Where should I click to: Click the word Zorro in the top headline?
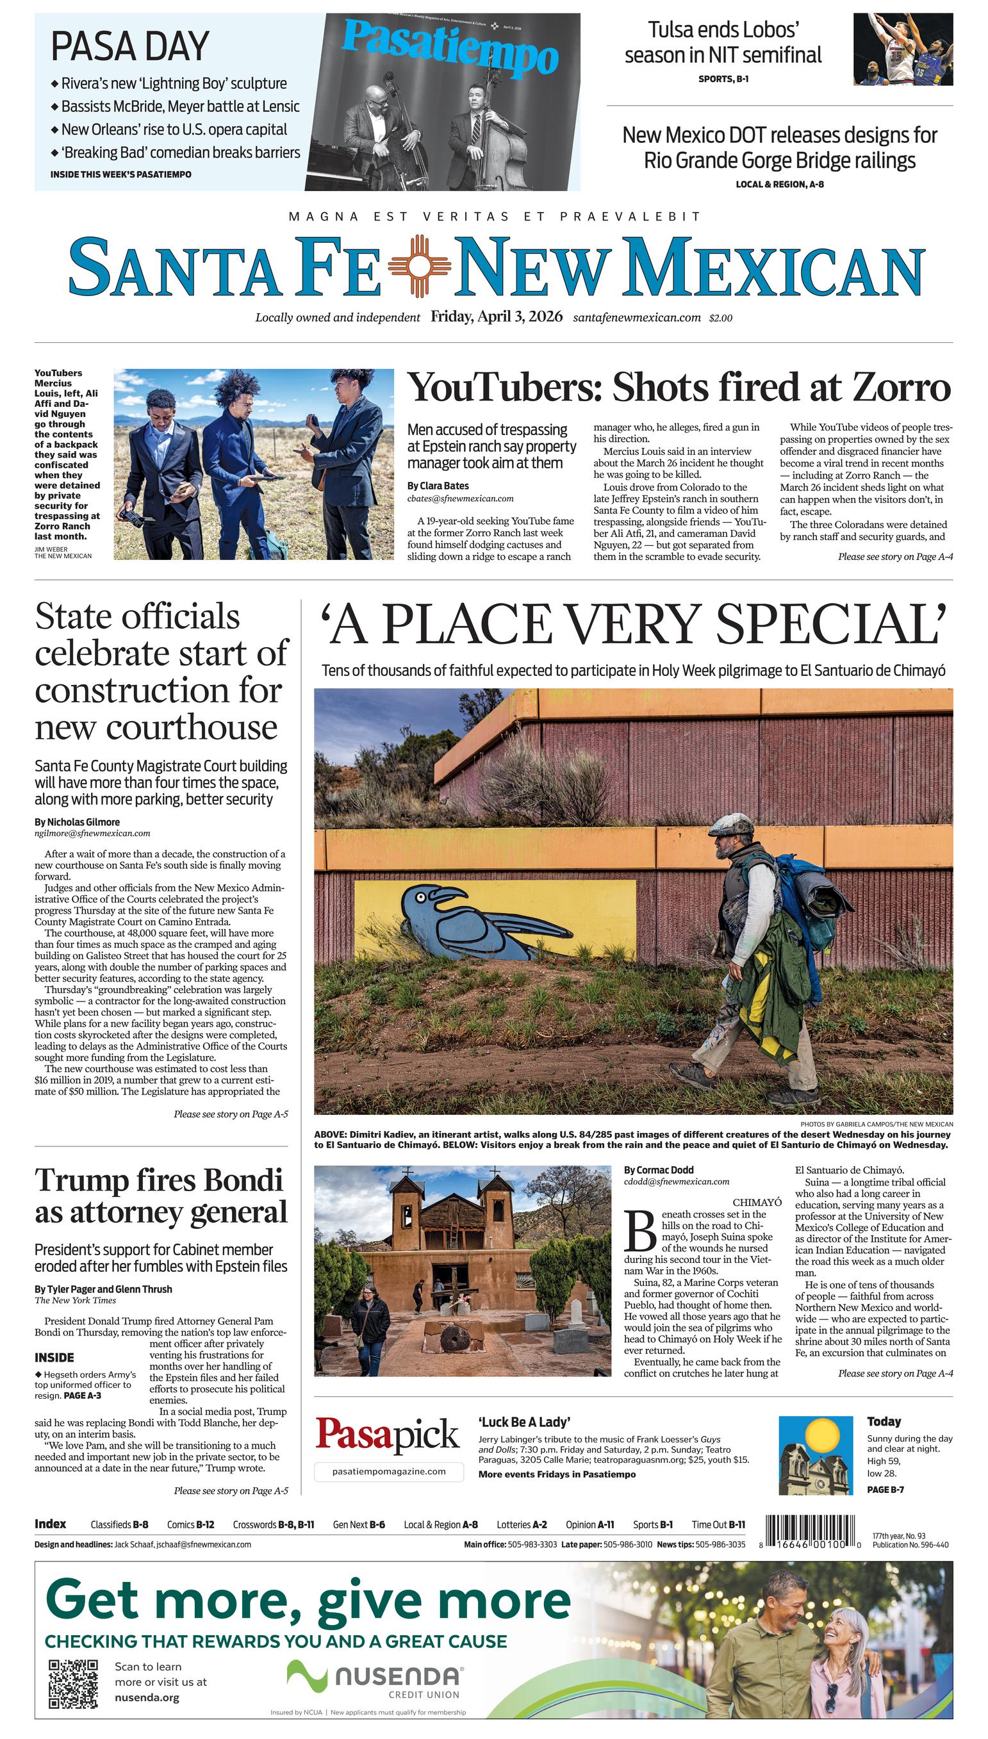pos(900,388)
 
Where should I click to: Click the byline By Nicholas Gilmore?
pos(77,821)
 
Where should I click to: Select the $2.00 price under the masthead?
pos(721,318)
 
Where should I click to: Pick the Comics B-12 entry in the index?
pos(191,1524)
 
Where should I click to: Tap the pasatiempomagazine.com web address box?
pos(389,1471)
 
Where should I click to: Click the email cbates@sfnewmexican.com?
pos(460,498)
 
